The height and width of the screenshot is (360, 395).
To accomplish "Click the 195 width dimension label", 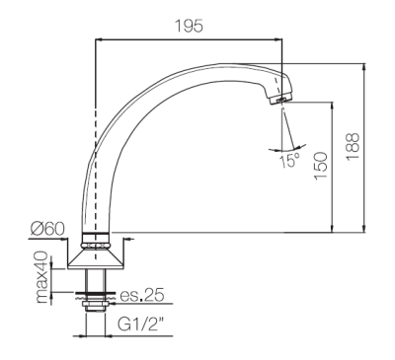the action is tap(189, 26).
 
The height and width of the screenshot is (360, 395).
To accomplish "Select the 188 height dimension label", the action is tap(353, 146).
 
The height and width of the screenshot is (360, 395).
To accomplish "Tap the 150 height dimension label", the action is tap(321, 166).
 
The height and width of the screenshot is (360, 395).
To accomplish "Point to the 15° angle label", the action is tap(290, 160).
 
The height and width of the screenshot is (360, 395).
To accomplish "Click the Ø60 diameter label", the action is tap(48, 229).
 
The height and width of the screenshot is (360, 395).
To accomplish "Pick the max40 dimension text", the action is tap(43, 278).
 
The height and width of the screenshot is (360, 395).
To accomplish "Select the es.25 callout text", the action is tap(141, 295).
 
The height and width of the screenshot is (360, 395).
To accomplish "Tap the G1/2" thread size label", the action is tap(141, 324).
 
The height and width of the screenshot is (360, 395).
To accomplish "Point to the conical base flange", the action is tap(96, 258).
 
